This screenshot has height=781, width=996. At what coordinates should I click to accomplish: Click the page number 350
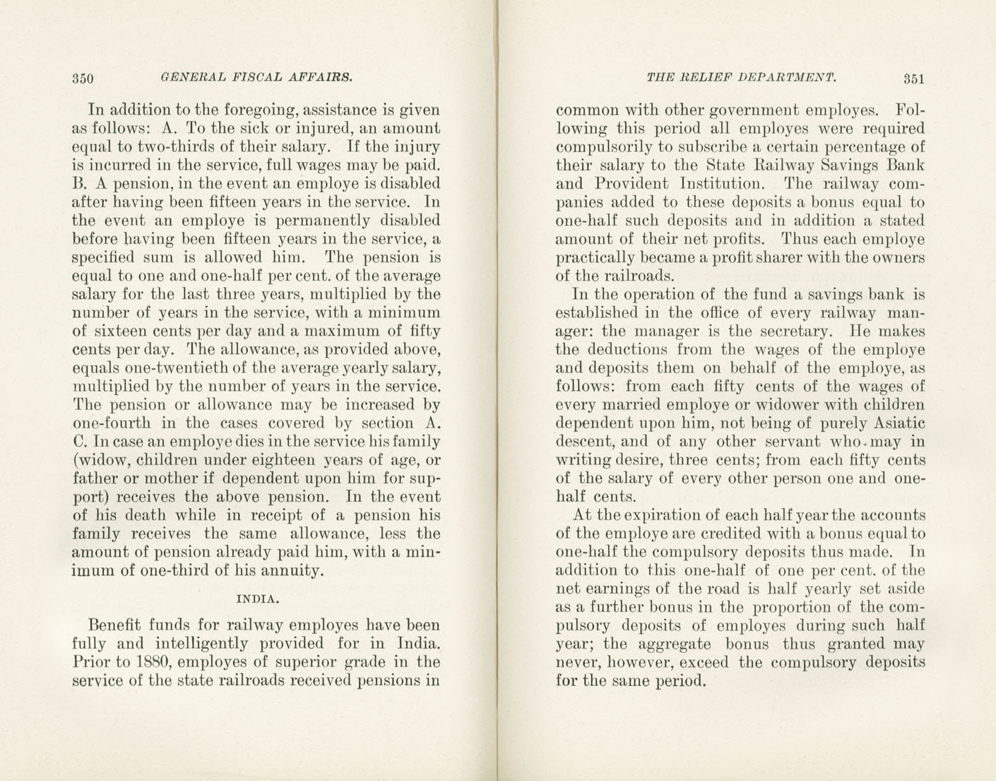83,78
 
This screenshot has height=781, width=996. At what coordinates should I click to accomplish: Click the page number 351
913,78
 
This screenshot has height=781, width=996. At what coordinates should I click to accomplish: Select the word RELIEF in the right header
706,77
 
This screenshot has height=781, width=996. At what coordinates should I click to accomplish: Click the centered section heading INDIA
257,599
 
